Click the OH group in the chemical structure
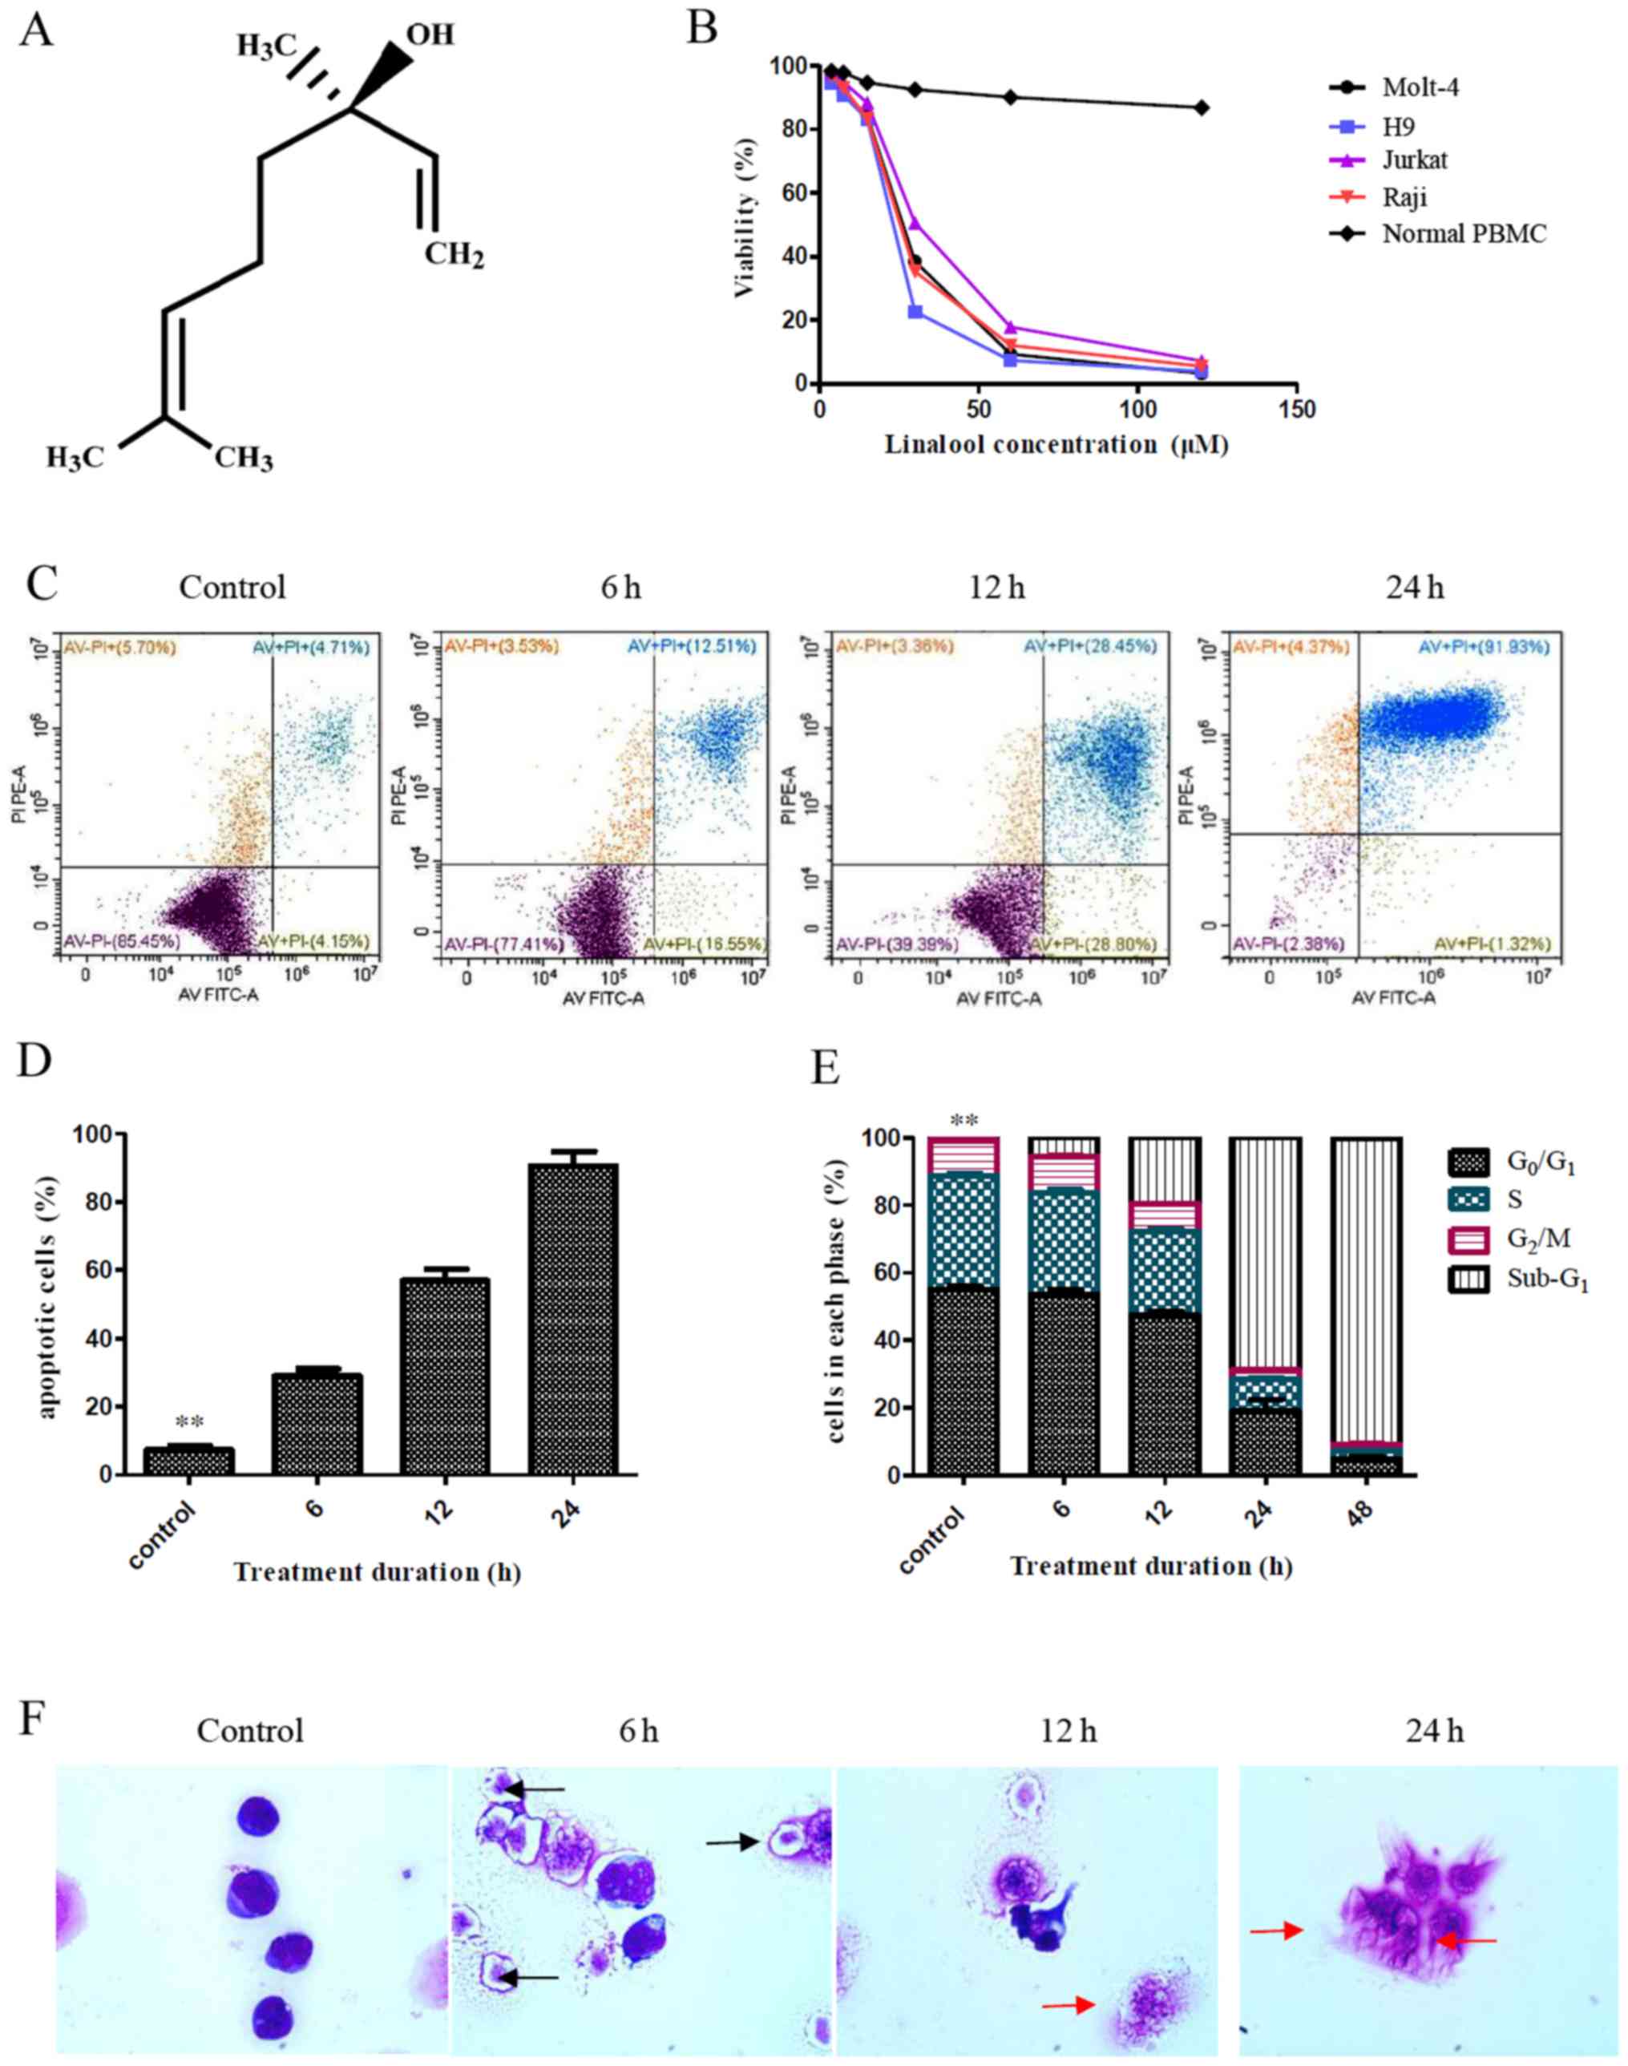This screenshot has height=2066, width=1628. tap(430, 35)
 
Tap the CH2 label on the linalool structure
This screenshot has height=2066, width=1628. tap(454, 255)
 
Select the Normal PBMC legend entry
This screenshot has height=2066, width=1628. tap(1463, 233)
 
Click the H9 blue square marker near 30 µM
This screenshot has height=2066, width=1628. tap(915, 312)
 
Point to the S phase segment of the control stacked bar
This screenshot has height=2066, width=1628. tap(963, 1230)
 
